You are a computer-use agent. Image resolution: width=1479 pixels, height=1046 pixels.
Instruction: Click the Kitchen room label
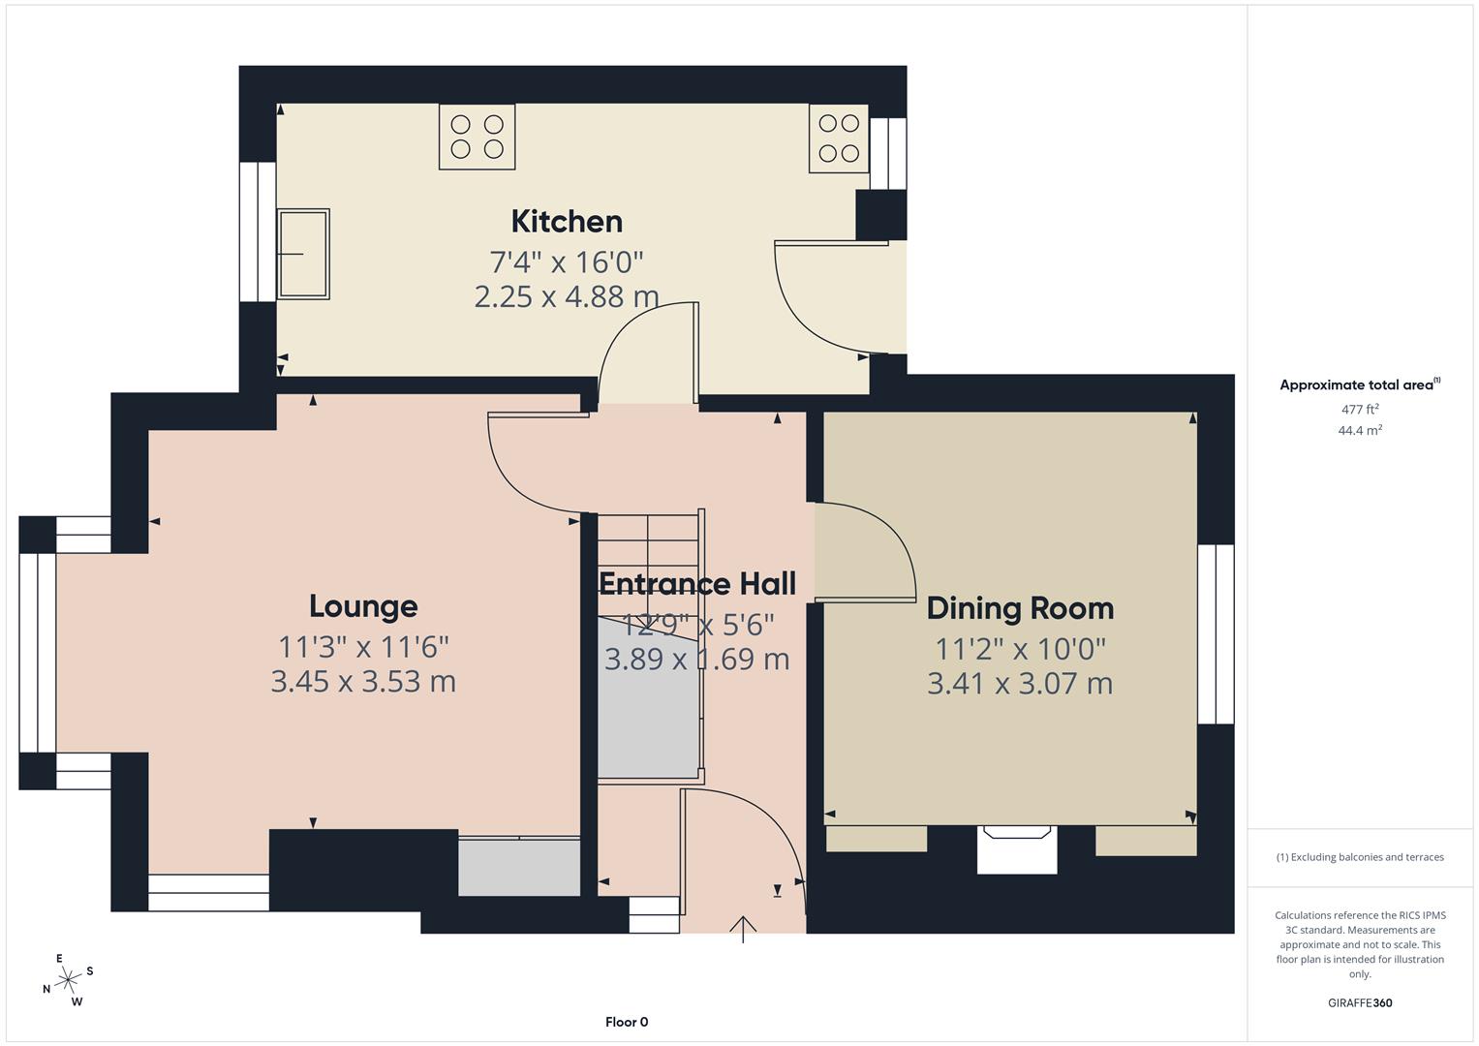tap(567, 222)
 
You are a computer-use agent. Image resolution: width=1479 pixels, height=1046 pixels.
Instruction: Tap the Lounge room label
tap(363, 606)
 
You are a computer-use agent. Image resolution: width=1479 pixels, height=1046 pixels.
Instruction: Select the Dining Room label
tap(1020, 608)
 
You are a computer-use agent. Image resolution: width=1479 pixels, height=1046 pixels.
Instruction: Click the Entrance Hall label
tap(697, 584)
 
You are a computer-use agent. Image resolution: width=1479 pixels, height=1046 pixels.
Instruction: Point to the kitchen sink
tap(303, 253)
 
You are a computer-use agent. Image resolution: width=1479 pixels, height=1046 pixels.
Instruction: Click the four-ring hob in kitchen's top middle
tap(477, 137)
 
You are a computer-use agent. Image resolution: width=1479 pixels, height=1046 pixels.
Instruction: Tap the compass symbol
tap(68, 980)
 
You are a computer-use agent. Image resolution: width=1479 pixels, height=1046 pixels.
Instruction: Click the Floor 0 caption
tap(627, 1022)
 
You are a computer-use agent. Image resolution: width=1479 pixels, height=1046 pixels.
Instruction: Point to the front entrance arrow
tap(743, 928)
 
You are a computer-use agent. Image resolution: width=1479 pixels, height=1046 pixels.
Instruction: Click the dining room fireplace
tap(1016, 847)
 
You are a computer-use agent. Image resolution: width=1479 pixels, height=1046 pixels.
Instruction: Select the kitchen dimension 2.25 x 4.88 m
tap(567, 296)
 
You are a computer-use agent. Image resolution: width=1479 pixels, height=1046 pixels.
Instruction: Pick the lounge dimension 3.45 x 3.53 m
tap(363, 682)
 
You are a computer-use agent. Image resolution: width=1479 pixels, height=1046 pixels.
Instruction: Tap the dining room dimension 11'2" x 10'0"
tap(1020, 647)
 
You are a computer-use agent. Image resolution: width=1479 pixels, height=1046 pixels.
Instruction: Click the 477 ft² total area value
tap(1360, 410)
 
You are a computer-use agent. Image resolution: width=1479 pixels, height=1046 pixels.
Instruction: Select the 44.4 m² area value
tap(1360, 431)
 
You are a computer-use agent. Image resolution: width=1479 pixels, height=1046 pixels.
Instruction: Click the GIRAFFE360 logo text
tap(1360, 1003)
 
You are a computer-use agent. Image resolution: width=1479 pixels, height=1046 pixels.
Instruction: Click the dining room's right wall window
tap(1216, 634)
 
